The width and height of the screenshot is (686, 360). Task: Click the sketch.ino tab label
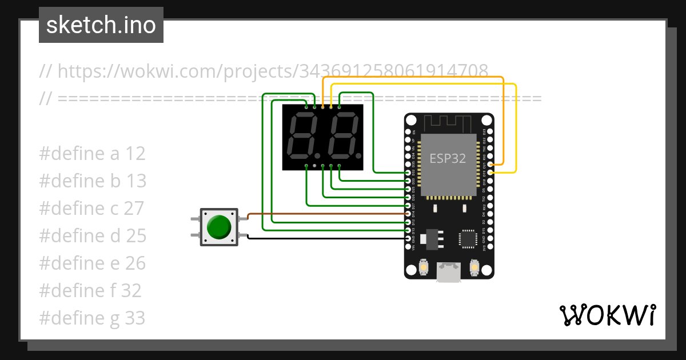[x=101, y=25]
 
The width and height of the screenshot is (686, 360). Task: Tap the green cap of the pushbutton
[x=219, y=227]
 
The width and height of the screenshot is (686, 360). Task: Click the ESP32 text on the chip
[x=448, y=158]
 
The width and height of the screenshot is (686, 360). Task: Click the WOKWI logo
[x=607, y=315]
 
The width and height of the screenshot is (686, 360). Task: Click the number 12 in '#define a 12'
[x=135, y=153]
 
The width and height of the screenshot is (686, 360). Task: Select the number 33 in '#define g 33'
[x=135, y=318]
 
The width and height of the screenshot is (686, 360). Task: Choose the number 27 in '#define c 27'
[x=134, y=208]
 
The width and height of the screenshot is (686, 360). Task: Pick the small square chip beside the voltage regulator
[x=468, y=238]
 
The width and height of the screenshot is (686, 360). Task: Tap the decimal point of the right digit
[x=358, y=155]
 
